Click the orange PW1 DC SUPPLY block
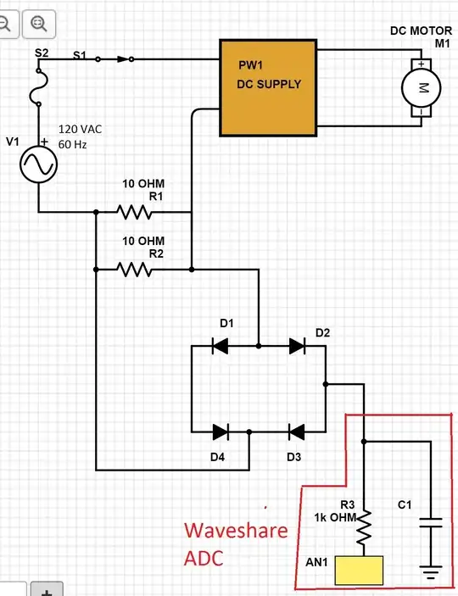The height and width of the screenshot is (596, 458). pos(268,86)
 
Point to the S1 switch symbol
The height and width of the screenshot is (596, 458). pos(114,59)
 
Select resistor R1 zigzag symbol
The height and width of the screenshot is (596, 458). pos(134,212)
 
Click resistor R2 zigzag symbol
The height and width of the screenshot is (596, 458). pos(134,270)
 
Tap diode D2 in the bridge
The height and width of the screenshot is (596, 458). pos(296,346)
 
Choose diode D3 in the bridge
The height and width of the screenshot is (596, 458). pos(296,432)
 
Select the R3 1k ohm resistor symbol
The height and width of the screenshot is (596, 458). pos(362,529)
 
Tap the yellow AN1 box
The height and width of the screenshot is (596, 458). pos(360,571)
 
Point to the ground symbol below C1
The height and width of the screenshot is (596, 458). pos(432,575)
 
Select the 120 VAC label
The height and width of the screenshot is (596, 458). pos(81,130)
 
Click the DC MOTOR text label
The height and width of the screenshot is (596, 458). pos(421,31)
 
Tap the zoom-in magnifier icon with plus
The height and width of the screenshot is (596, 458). pos(40,23)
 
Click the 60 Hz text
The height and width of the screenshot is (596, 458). pos(72,145)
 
